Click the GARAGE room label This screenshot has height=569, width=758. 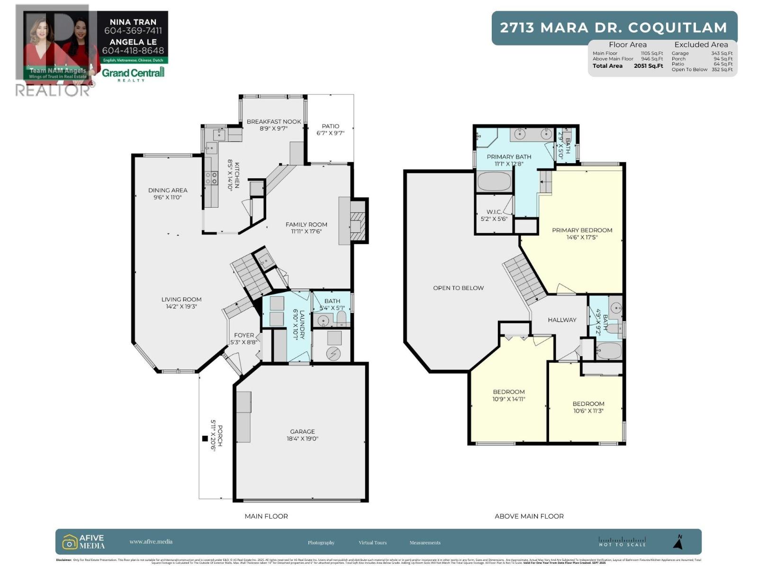[x=302, y=431]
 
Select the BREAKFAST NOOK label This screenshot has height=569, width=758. [x=274, y=121]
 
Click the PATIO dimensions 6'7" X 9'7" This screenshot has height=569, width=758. [x=330, y=133]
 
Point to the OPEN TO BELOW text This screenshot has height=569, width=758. [x=458, y=288]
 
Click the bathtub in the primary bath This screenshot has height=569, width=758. [x=494, y=182]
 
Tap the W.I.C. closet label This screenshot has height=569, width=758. [x=494, y=212]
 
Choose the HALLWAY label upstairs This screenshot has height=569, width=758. [x=562, y=320]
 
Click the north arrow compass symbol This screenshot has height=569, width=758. [x=678, y=542]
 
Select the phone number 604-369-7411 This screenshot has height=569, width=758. [x=133, y=31]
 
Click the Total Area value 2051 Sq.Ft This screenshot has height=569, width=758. [x=648, y=66]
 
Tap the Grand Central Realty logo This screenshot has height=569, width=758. [x=133, y=73]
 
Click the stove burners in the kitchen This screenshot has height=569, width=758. [x=211, y=178]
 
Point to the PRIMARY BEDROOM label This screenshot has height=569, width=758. [x=582, y=230]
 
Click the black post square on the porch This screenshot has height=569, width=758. [x=205, y=439]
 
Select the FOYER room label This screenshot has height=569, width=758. [x=244, y=335]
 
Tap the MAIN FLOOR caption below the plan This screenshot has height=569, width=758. [x=266, y=516]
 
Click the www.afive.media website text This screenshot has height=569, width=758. [x=151, y=541]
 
